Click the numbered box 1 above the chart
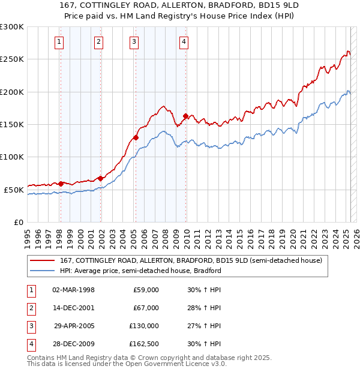(59, 42)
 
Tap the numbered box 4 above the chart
(184, 42)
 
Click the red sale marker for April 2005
(136, 137)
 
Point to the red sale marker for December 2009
(186, 116)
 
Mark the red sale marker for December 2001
(100, 178)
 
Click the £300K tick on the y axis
(11, 27)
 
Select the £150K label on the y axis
(11, 124)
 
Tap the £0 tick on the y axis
(17, 222)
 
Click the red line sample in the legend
(42, 261)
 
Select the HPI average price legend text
(140, 271)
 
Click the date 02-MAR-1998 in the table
(73, 290)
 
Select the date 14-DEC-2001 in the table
(73, 308)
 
